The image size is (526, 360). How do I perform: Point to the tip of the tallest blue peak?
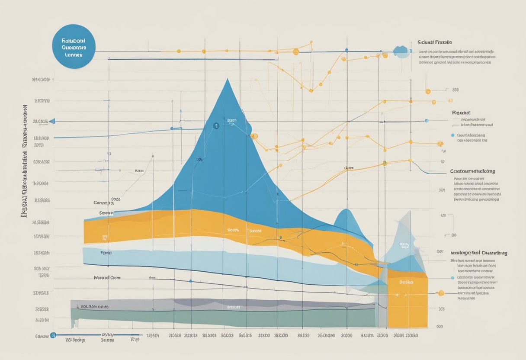point(227,80)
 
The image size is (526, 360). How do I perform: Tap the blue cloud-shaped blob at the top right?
point(402,51)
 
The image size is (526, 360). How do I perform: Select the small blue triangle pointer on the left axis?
point(52,122)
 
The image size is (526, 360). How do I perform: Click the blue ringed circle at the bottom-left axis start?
point(53,335)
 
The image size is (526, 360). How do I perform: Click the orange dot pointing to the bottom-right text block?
point(441,293)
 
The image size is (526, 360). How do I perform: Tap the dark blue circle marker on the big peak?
point(216,126)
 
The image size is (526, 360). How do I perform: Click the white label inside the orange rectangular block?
point(406,282)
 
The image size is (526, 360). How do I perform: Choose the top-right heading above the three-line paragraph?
point(435,42)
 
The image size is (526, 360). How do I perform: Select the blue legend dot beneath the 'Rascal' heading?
point(453,135)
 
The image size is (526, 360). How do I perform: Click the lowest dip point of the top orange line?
point(311,90)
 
